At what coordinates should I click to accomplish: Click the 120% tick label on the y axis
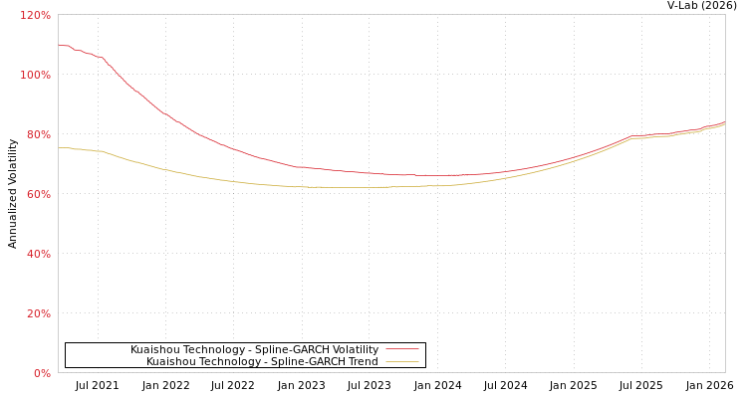point(35,15)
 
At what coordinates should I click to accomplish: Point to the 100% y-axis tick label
point(35,75)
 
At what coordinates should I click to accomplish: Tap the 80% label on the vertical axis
point(38,134)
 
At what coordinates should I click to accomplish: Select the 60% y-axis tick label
point(38,194)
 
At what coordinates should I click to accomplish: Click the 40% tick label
point(38,254)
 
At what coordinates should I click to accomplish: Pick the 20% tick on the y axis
point(38,313)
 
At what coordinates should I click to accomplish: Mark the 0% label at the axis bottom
point(42,373)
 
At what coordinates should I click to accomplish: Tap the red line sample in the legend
point(401,349)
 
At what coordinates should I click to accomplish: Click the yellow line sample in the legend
point(401,361)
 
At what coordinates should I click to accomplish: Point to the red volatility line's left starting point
point(59,45)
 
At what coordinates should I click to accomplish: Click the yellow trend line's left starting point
point(59,147)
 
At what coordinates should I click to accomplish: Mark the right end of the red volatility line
point(724,122)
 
